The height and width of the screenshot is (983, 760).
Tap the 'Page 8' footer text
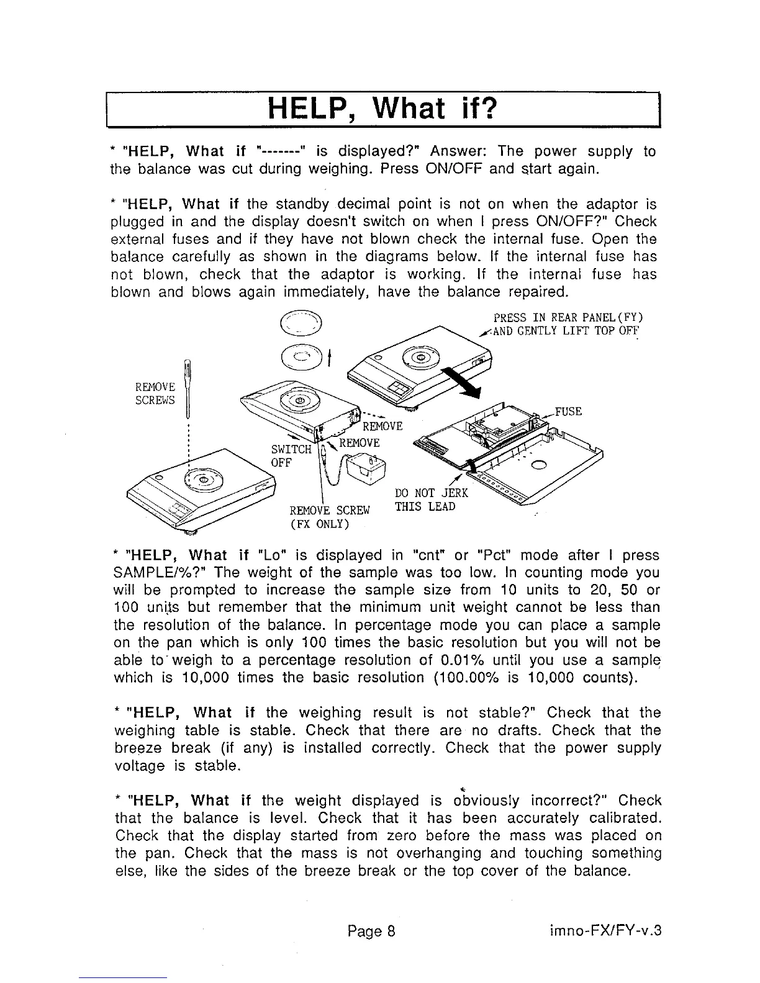point(371,931)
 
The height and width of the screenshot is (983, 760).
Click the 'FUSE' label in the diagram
point(568,411)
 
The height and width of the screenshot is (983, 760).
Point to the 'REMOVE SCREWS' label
point(155,393)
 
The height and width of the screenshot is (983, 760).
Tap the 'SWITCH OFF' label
point(286,456)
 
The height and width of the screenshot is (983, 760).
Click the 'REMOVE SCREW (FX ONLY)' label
point(330,518)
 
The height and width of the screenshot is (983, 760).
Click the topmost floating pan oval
point(301,327)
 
